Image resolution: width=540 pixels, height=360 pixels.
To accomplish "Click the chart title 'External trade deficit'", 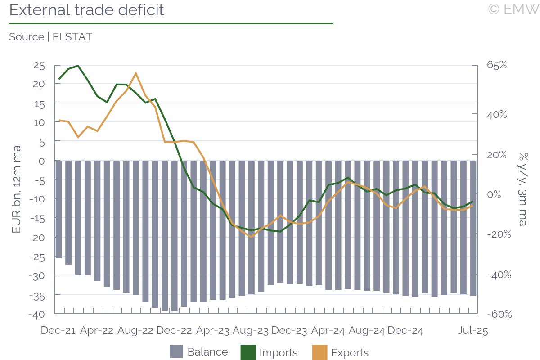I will point(86,10).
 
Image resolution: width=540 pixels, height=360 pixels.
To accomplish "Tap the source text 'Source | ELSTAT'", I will point(50,37).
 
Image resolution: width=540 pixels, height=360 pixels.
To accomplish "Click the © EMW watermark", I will point(513,9).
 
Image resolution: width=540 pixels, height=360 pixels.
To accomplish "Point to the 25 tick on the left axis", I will point(39,66).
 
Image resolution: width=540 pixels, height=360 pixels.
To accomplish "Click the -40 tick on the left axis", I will point(37,314).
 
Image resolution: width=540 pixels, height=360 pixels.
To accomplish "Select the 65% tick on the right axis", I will point(496,65).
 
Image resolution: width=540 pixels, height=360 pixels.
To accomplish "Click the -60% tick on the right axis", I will point(499,314).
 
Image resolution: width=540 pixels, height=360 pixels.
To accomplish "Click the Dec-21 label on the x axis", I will point(58,331).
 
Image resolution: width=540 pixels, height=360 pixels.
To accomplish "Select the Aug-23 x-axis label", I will point(251,331).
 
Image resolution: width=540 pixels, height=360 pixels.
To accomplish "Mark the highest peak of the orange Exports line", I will point(136,73).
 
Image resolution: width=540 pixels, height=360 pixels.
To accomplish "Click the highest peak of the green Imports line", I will point(78,66).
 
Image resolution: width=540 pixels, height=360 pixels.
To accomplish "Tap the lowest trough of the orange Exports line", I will point(252,237).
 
